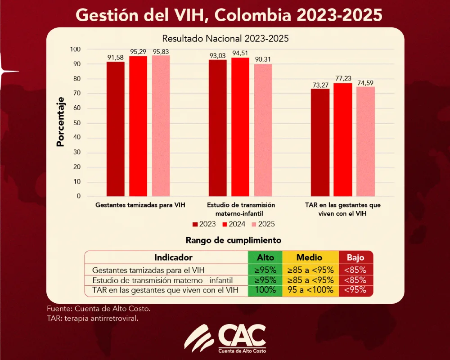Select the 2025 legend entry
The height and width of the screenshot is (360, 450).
point(263,224)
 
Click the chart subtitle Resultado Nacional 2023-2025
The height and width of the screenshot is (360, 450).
point(225,39)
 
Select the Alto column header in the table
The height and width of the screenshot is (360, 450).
point(265,257)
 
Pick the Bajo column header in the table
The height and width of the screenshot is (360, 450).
point(355,257)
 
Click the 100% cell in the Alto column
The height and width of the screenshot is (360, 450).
point(265,290)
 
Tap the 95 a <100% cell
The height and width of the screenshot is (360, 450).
point(310,290)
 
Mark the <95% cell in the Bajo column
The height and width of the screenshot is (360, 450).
point(355,290)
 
